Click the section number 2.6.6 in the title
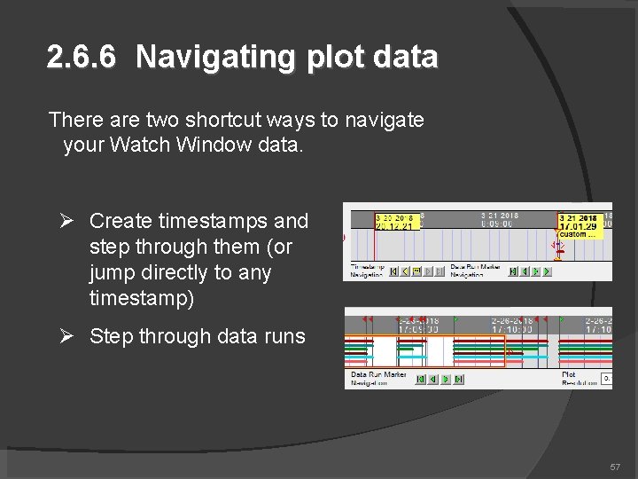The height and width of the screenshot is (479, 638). coord(81,58)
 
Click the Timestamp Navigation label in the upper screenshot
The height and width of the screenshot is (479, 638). coord(368,271)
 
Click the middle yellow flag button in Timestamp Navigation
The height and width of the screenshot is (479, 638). coord(417,271)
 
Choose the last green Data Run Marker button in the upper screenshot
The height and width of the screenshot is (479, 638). coord(549,271)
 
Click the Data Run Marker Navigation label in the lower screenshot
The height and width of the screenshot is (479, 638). coord(378,379)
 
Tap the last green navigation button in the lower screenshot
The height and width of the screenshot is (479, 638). coord(458,379)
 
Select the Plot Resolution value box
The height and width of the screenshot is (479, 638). coord(607,379)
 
